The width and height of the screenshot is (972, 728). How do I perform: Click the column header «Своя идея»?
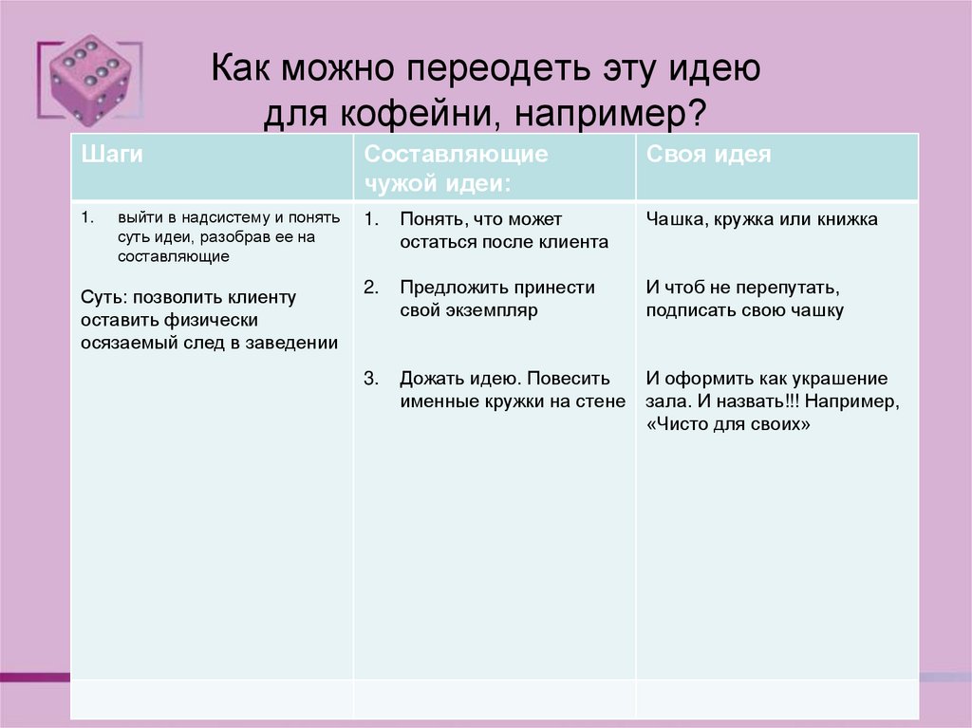[x=707, y=155]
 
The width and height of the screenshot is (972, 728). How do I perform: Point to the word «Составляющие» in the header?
[x=456, y=154]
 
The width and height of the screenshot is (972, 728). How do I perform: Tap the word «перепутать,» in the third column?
[x=792, y=288]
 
